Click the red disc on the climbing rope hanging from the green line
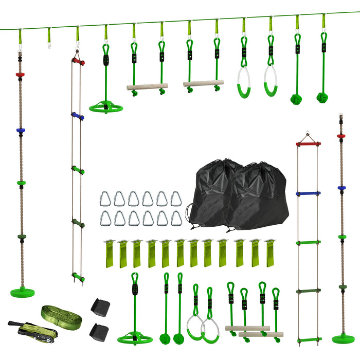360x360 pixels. [20, 75]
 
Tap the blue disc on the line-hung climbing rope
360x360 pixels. [20, 130]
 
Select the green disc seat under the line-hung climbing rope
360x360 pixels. [22, 292]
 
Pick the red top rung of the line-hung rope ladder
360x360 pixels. [78, 61]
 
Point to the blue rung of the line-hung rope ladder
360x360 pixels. [78, 116]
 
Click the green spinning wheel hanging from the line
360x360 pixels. [106, 107]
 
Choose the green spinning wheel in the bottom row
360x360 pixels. [134, 338]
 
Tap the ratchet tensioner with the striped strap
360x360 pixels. [23, 329]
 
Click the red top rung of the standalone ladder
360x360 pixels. [308, 144]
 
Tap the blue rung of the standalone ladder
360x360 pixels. [308, 194]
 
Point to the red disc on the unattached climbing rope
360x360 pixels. [341, 136]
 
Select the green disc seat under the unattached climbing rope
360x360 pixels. [343, 338]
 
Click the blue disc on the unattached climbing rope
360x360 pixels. [341, 188]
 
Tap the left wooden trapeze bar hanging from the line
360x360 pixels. [148, 87]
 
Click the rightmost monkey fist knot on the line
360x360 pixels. [322, 97]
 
